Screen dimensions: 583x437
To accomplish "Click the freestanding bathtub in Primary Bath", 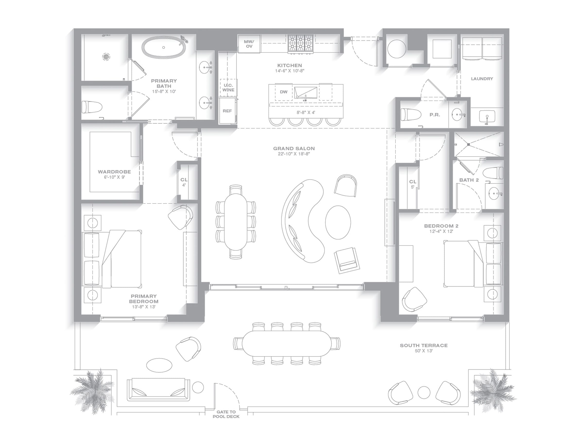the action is (x=163, y=47).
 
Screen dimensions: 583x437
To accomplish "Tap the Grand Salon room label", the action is (x=294, y=149).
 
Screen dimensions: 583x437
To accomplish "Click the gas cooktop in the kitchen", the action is (x=300, y=44).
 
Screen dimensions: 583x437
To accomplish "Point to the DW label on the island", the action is (x=283, y=92).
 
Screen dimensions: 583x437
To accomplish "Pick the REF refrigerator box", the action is (x=227, y=111).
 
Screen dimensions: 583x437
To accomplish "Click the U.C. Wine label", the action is (x=228, y=87).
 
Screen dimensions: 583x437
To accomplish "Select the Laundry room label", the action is (x=482, y=78).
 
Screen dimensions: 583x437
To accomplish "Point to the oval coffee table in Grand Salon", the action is (x=338, y=222).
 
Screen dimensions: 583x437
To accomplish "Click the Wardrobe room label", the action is (x=114, y=172).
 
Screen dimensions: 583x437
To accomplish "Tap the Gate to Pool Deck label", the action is (x=226, y=414).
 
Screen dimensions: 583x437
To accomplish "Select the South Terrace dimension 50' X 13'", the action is (x=424, y=351).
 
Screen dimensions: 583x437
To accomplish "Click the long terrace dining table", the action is (x=286, y=344).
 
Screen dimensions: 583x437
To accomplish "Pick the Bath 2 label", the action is (x=469, y=180).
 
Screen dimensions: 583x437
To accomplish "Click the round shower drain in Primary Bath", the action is (x=106, y=57).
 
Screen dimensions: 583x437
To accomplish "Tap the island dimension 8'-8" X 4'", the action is (x=306, y=112).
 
